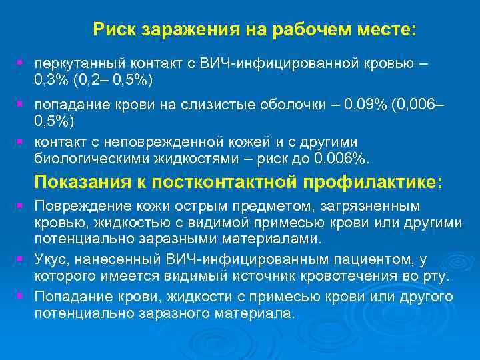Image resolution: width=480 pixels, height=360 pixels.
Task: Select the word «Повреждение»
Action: tap(75, 207)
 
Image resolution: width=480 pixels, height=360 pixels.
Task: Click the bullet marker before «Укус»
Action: tap(21, 257)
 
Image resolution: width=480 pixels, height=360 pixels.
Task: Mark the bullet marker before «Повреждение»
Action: tap(21, 205)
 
